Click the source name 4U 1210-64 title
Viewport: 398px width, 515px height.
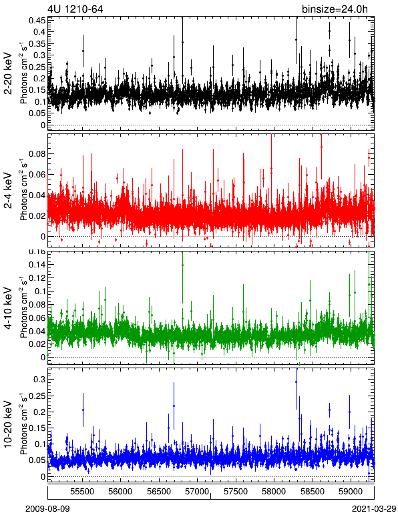pos(75,9)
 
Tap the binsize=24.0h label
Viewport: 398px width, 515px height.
pos(335,9)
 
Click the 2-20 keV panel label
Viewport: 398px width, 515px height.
pos(8,73)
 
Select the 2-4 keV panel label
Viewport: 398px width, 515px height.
pos(8,191)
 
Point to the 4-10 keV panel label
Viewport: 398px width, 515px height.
pos(8,308)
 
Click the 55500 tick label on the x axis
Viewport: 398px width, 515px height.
pos(82,492)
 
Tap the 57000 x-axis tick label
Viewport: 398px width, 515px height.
pos(197,492)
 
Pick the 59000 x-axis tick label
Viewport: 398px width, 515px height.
pos(351,492)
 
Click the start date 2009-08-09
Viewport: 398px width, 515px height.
pos(47,509)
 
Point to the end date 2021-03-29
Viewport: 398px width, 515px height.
pos(374,509)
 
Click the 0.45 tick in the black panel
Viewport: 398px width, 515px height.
pos(37,21)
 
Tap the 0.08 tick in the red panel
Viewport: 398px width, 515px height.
pos(37,153)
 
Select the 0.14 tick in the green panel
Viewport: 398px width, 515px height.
pos(37,264)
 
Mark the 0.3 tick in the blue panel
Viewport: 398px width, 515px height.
pos(39,380)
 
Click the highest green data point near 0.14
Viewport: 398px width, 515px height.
pos(182,265)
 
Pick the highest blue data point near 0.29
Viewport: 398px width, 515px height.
pos(296,382)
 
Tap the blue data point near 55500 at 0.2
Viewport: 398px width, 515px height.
pos(83,410)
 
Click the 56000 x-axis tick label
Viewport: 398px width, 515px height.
pos(120,492)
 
